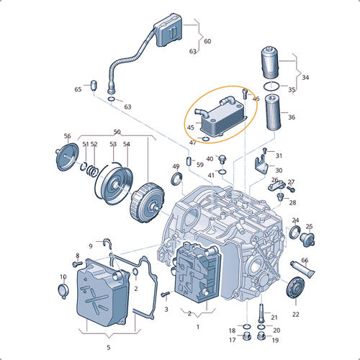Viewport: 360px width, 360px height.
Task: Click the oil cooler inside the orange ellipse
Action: pos(220,117)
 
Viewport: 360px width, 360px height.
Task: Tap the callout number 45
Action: pos(191,127)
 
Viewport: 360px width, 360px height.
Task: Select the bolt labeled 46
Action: pos(245,94)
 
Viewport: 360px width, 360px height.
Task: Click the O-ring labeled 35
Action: pos(271,86)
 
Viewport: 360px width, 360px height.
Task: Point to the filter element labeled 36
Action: pos(273,112)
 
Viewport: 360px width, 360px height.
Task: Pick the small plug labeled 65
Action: pos(94,86)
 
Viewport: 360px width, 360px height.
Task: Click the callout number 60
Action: pos(207,41)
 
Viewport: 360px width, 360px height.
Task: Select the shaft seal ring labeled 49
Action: pos(177,179)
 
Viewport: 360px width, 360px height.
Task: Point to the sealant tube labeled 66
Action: pos(302,269)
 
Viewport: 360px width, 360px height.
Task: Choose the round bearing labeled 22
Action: pos(296,288)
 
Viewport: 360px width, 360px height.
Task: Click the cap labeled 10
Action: pos(63,291)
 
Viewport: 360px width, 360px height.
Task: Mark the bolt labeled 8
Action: pos(77,264)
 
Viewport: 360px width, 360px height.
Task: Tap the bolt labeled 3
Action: pos(166,294)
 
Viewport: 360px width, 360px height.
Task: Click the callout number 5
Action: pos(109,347)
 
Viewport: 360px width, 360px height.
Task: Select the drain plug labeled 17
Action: pos(246,336)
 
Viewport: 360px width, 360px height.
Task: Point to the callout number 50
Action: pos(117,132)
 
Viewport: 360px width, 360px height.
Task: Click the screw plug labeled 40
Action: pos(222,159)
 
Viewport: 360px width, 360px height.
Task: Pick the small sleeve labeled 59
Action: pos(189,161)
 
